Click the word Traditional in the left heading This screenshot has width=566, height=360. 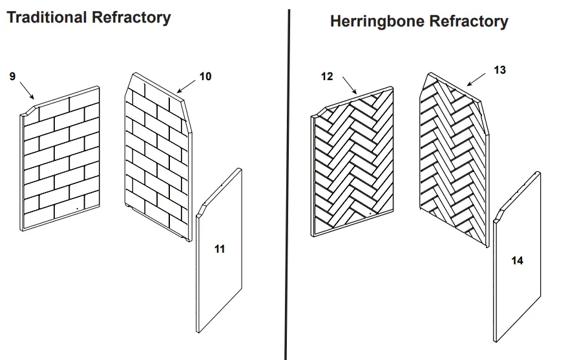(47, 17)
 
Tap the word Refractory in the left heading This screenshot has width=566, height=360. (131, 17)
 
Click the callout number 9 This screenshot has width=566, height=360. (12, 77)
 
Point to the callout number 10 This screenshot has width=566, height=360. (205, 77)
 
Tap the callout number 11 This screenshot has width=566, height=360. (220, 249)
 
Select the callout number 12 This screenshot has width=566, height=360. (327, 77)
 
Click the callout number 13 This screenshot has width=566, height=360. (499, 70)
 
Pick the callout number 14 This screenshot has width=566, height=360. (517, 261)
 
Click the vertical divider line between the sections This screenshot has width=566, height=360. (287, 194)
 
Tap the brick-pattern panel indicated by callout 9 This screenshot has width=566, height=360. (61, 162)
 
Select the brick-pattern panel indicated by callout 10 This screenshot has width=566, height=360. (155, 155)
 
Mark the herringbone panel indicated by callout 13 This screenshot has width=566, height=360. (452, 158)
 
